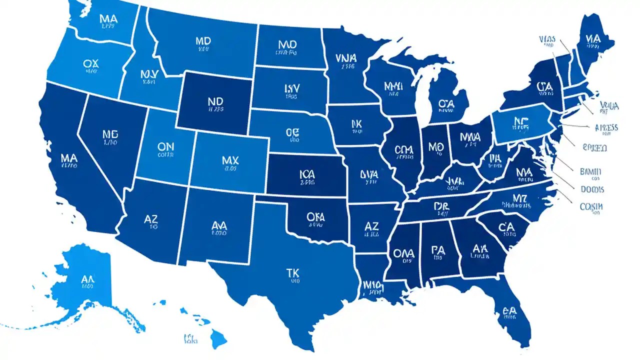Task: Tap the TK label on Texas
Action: coord(292,272)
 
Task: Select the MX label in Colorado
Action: coord(230,161)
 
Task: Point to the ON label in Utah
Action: coord(165,147)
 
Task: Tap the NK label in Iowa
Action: coord(356,123)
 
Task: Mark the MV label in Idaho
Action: coord(149,74)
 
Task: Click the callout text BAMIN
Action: coord(591,172)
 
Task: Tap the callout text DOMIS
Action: coord(592,189)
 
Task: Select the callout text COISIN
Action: coord(591,206)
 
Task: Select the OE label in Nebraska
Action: coord(292,132)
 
